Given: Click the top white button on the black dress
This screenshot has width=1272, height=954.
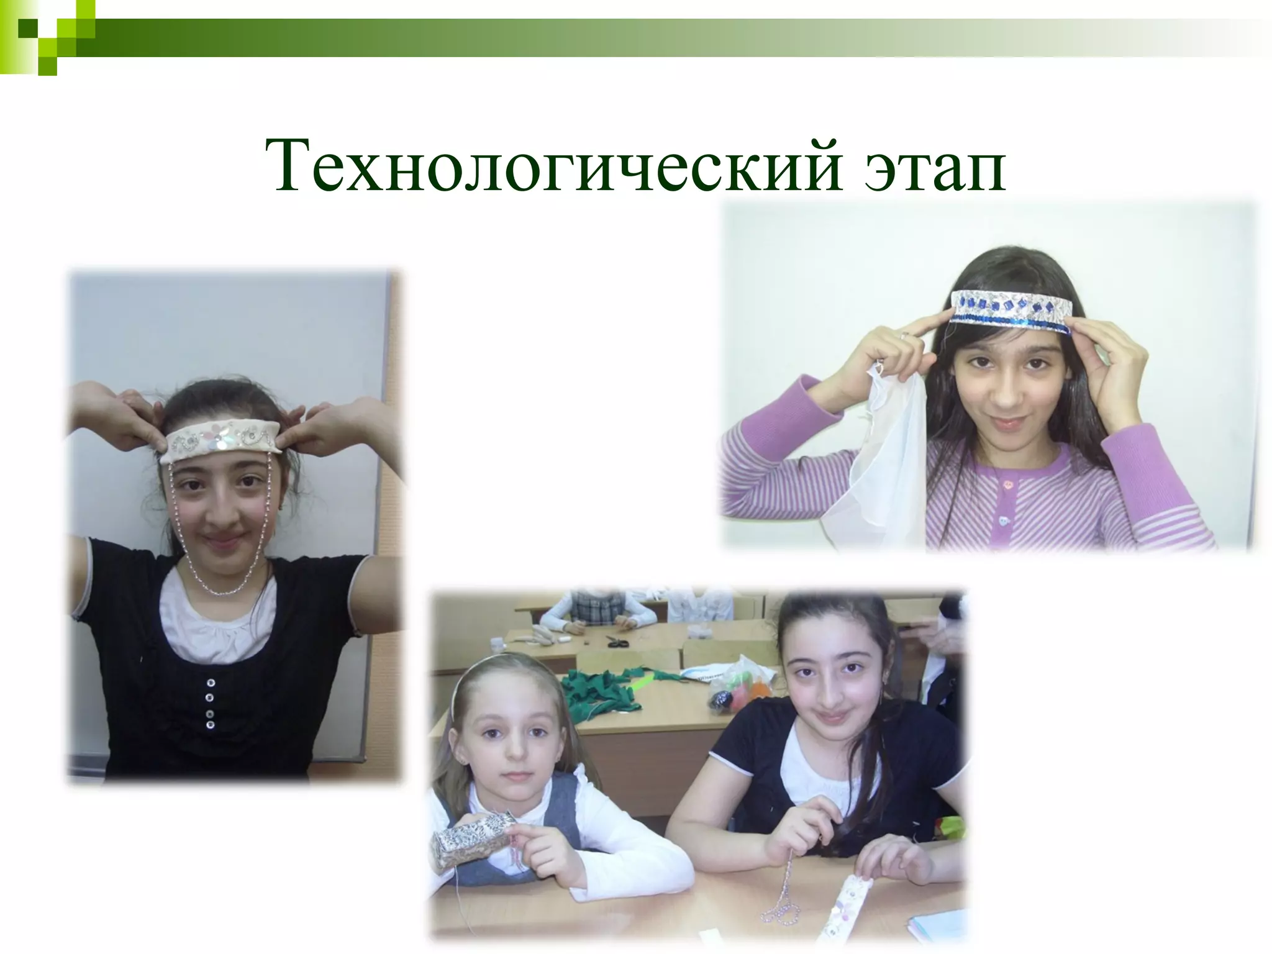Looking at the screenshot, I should [209, 681].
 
